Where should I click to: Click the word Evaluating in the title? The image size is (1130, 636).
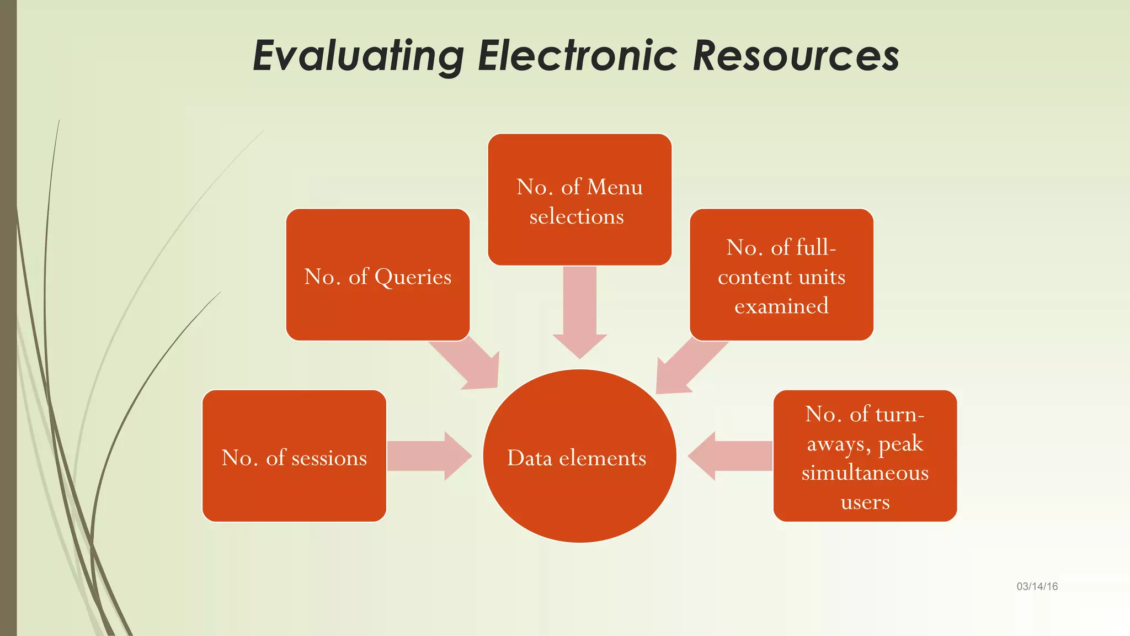[359, 56]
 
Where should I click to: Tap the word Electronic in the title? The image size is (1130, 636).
[577, 56]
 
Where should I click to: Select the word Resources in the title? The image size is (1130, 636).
[796, 56]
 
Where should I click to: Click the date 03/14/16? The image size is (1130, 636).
[1037, 586]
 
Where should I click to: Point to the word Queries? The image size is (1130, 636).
[413, 277]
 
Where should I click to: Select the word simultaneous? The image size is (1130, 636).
[865, 473]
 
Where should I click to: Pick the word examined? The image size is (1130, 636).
[781, 306]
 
